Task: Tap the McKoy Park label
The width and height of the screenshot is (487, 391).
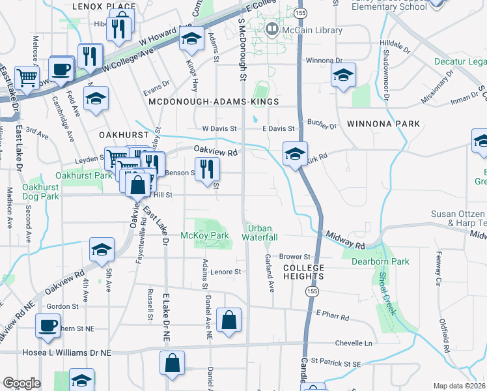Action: click(x=204, y=235)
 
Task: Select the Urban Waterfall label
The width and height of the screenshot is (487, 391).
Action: click(x=262, y=233)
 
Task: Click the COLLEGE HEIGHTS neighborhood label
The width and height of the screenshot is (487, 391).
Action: click(x=303, y=272)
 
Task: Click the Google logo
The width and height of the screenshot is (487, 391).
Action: click(x=21, y=383)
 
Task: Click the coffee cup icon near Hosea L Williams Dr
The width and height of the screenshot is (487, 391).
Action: click(x=48, y=326)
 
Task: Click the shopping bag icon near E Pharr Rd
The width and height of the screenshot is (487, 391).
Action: click(x=229, y=321)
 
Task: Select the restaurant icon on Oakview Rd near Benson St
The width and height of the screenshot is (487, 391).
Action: click(x=207, y=169)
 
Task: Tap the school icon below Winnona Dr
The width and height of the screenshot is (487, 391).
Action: click(x=343, y=76)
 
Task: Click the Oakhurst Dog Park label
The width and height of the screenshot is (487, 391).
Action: click(x=40, y=191)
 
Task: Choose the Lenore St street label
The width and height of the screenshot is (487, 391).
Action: click(x=230, y=271)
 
